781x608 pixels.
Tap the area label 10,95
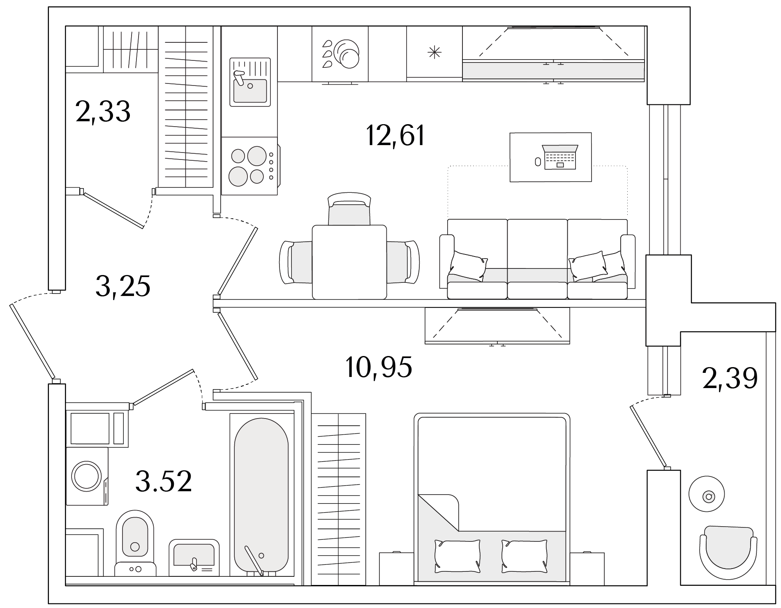coord(379,367)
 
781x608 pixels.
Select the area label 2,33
coord(103,111)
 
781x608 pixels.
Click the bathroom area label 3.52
coord(164,481)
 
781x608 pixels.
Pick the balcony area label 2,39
coord(730,378)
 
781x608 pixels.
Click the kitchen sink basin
coord(250,90)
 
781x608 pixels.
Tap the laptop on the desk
coord(560,157)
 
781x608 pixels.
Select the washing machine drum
coord(86,476)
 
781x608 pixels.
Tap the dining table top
coord(349,262)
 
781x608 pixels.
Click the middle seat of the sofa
coord(537,259)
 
